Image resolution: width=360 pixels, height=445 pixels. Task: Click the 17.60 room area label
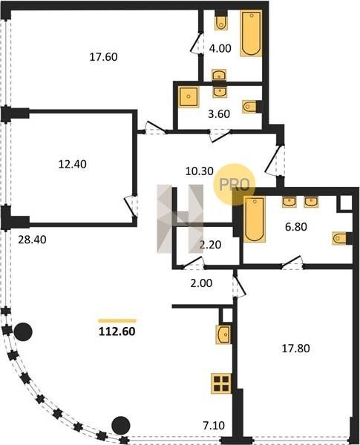tap(103, 57)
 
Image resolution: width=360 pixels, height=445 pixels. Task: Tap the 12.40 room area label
tap(73, 165)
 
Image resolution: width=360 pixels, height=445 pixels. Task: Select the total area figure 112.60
tap(117, 332)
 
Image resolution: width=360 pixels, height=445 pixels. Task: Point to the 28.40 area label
tap(32, 240)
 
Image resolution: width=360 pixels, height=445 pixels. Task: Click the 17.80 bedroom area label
tap(295, 349)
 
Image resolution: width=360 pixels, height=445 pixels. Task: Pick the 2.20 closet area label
tap(210, 245)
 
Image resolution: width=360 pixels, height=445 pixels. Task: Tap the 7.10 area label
tap(214, 426)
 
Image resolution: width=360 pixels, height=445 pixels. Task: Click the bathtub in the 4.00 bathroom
tap(251, 33)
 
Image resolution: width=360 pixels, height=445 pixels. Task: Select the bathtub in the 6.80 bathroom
tap(255, 220)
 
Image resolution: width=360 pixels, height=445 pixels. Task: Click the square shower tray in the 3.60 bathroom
tap(189, 96)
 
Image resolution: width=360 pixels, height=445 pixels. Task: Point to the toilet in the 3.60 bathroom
tap(249, 107)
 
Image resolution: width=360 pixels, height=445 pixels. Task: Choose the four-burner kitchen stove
tap(221, 383)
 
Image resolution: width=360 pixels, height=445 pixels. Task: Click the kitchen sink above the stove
tap(223, 334)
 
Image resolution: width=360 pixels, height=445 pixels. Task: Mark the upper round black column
tap(23, 332)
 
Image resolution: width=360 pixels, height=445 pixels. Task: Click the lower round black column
tap(121, 426)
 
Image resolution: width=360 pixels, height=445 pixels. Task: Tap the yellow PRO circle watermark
tap(235, 185)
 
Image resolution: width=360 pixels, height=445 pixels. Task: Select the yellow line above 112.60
tap(117, 321)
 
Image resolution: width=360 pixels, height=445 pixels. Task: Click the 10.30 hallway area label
tap(200, 171)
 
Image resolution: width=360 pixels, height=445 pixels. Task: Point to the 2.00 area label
tap(201, 283)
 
